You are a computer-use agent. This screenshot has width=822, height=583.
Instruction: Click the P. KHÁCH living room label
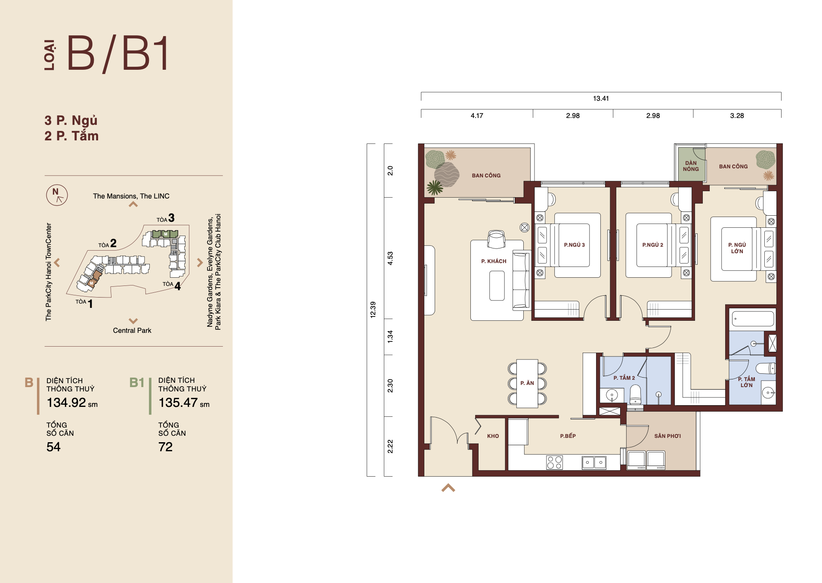coord(494,261)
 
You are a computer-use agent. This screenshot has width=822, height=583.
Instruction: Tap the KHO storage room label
coord(493,436)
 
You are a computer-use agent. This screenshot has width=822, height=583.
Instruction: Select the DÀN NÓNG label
coord(691,166)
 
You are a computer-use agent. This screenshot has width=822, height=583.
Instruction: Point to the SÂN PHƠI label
coord(667,436)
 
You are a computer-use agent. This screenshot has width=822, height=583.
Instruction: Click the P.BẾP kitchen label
coord(568,436)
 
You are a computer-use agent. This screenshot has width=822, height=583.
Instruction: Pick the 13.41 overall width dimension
coord(601,99)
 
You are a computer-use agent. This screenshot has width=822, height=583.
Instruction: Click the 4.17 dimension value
coord(477,116)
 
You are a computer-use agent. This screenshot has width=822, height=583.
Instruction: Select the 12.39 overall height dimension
coord(373,310)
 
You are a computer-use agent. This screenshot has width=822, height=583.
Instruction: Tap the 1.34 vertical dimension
coord(390,337)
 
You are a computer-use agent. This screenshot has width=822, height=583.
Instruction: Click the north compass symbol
coord(57,195)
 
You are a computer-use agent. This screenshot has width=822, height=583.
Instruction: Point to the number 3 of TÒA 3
coord(171,218)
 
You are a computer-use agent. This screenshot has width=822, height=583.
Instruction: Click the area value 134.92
coord(66,403)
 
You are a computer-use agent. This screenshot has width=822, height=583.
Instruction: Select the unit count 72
coord(165,447)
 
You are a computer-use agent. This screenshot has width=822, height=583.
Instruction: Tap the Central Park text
coord(132,331)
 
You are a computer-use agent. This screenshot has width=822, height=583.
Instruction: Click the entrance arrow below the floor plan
coord(448,488)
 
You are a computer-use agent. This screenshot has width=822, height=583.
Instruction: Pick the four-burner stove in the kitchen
coord(554,462)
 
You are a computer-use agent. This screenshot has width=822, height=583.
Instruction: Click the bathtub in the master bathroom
coord(753,319)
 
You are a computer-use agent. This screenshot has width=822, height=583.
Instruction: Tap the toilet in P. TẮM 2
coord(635,394)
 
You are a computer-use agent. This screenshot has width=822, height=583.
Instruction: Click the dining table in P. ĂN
coord(527,384)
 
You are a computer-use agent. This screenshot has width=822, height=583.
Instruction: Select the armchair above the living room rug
coord(496,239)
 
